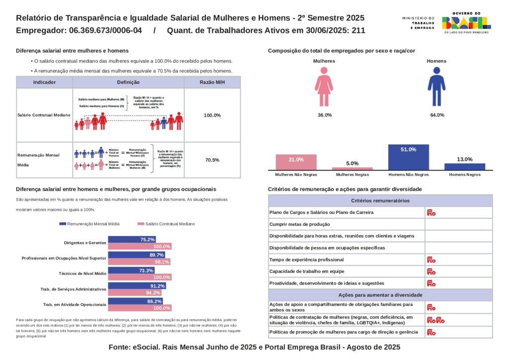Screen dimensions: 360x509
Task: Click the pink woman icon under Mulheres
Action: [324, 87]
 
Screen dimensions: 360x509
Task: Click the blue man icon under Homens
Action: [436, 87]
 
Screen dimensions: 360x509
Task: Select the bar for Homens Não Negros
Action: [408, 157]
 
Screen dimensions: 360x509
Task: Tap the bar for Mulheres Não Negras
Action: [296, 162]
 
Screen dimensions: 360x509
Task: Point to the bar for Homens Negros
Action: [465, 166]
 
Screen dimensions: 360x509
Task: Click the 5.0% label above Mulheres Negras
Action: [352, 163]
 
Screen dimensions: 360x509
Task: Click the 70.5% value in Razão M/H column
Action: [212, 160]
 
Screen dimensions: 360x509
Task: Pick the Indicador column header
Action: [44, 83]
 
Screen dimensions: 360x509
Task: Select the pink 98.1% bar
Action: [139, 262]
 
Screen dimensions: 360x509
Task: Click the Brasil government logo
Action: [466, 23]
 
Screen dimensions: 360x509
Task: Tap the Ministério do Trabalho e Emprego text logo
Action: [418, 23]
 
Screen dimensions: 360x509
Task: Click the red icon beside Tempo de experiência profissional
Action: [431, 260]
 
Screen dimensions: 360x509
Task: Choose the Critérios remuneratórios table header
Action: [380, 201]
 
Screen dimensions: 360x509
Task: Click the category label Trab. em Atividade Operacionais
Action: [75, 304]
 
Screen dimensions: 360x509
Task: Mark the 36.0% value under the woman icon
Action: [324, 115]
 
